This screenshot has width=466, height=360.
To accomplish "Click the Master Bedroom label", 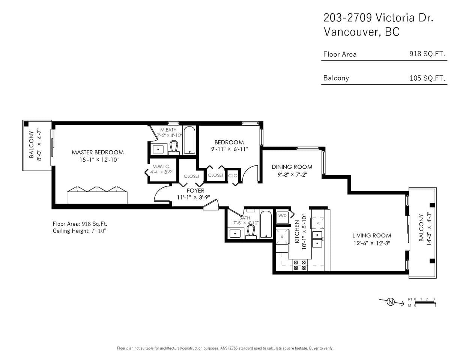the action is click(98, 152).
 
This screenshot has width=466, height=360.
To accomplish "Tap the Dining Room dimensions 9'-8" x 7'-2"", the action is click(292, 175).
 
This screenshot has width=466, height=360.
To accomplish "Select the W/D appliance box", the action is click(282, 217).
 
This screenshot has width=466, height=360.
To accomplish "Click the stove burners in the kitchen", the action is click(300, 265).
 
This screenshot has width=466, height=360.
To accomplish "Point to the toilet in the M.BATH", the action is click(173, 147).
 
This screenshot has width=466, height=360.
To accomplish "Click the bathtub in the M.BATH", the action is click(189, 140).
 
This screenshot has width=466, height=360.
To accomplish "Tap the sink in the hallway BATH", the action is click(235, 233).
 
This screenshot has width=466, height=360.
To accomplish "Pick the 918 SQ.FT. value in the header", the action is click(427, 54).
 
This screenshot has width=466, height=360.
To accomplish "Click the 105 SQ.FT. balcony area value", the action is click(427, 78).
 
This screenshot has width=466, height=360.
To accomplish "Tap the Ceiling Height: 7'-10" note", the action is click(80, 231).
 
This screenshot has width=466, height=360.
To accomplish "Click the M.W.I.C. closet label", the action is click(161, 166).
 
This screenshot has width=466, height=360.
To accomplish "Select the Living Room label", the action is click(372, 235).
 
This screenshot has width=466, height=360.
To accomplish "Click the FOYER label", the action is click(195, 190).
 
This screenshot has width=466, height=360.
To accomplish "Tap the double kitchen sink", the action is click(317, 239).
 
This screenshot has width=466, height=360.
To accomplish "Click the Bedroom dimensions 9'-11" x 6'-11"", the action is click(230, 149).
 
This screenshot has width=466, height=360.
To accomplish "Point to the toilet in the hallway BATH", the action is click(251, 232).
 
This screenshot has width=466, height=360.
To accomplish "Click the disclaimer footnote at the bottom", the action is click(225, 348).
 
